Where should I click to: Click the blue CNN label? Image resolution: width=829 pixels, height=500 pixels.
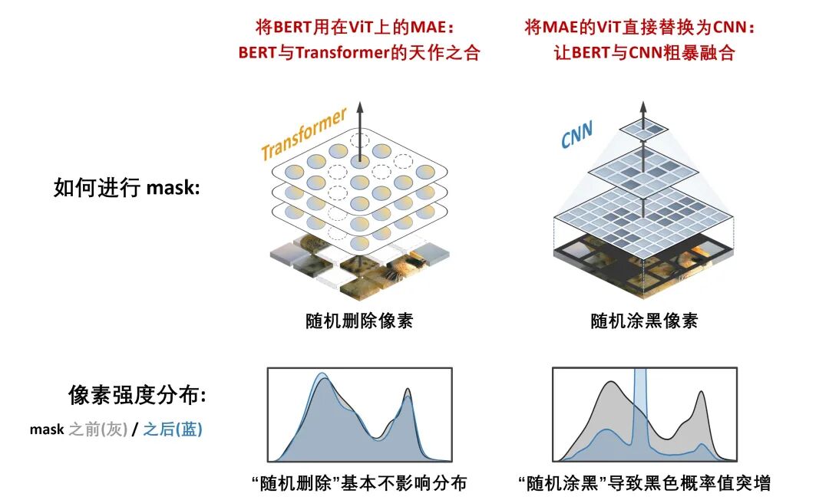(577, 136)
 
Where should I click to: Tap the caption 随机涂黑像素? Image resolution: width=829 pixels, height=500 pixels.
(644, 321)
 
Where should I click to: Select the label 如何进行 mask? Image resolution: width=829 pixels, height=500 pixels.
(127, 188)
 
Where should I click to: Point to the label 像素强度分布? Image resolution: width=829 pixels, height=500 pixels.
(137, 395)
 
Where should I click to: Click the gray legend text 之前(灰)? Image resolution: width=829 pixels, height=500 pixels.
(98, 429)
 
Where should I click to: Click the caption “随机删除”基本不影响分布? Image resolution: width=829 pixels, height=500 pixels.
(359, 483)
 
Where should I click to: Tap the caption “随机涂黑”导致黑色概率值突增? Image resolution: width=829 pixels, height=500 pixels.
(644, 483)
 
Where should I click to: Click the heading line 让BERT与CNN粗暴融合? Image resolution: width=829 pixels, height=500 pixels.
(644, 53)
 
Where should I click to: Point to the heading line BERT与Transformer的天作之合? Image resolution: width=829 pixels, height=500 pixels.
(358, 53)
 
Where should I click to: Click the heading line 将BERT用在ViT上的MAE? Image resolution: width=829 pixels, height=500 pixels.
(355, 27)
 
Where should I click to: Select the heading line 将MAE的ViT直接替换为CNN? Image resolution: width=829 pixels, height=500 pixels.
(641, 27)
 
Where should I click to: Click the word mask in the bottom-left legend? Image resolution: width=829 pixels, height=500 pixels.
(47, 429)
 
